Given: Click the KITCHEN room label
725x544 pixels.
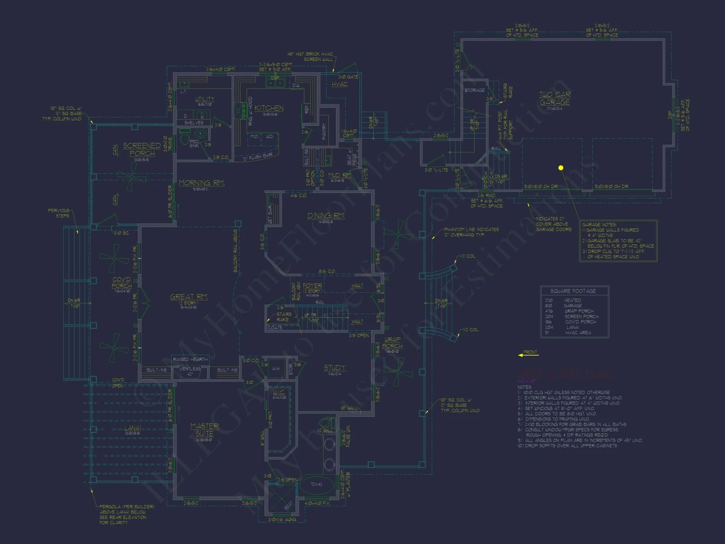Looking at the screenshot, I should pos(269,108).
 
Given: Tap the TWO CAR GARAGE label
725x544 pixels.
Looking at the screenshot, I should pos(555,98).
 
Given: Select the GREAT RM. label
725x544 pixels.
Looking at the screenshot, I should pos(189,297).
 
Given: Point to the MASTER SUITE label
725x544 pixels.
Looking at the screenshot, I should pos(204,430).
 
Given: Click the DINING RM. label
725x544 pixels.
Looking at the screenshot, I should pos(326,216).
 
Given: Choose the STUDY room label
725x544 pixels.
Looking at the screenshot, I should pos(335,368).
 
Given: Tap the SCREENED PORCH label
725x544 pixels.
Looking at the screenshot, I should pos(142,149).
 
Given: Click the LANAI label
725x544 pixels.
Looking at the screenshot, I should pos(132,428).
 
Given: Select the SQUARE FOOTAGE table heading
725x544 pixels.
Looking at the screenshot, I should pos(573,291).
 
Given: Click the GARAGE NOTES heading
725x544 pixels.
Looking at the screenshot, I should pos(599,224).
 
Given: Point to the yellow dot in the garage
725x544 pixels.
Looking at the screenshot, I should pos(561,168).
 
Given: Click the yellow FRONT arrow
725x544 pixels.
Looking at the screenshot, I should pos(529,354).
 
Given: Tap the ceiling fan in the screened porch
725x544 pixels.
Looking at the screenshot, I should pos(132,177).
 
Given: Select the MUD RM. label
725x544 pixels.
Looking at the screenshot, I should pos(339,175).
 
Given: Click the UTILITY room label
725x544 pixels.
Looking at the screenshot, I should pos(205,99).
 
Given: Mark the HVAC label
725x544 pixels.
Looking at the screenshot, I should pos(340,84).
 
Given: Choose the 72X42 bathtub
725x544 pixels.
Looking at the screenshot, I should pos(316,484).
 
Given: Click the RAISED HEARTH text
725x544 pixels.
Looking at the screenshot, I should pos(190,359).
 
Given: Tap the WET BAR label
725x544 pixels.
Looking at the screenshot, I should pos(270,214).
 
